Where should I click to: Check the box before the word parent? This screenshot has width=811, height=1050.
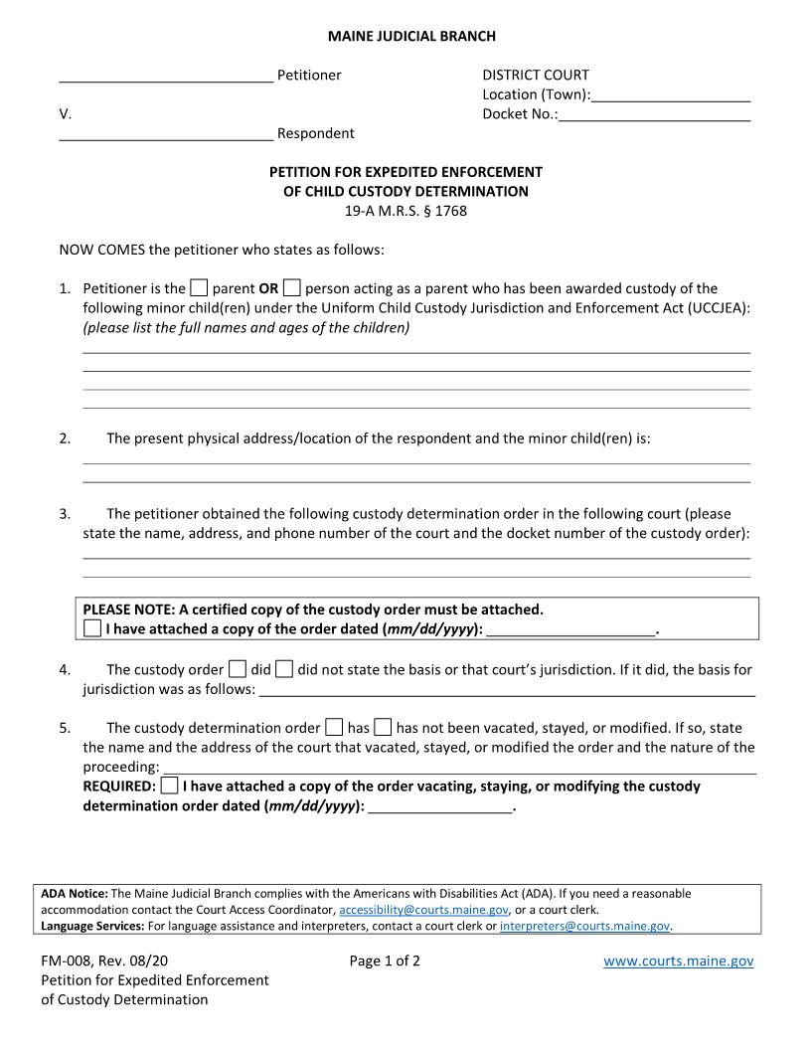(199, 289)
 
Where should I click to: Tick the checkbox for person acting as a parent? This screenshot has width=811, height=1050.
(291, 289)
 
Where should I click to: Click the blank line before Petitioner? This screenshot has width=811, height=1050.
(166, 77)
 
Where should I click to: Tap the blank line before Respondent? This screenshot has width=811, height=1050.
(166, 134)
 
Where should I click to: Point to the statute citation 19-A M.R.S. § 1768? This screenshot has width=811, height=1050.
(405, 211)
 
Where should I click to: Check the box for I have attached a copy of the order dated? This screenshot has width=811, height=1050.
(92, 629)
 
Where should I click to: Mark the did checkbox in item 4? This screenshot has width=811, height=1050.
(238, 670)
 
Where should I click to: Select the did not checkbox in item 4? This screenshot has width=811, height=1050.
(284, 670)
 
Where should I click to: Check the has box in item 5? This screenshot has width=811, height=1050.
(335, 728)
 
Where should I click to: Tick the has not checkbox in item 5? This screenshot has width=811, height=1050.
(383, 728)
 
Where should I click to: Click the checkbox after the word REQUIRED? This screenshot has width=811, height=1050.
(170, 787)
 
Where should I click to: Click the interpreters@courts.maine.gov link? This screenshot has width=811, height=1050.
(584, 927)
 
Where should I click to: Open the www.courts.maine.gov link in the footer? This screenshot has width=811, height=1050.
(678, 962)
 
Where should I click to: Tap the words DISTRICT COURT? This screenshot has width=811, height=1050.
(536, 76)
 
